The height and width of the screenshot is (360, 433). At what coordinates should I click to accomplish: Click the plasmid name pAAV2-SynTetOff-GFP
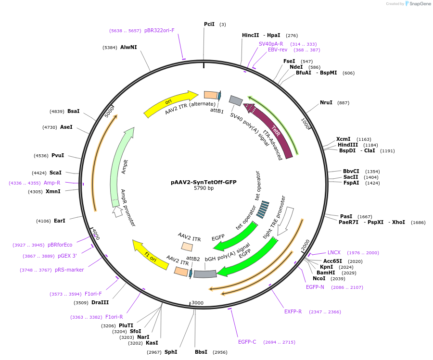click(x=204, y=182)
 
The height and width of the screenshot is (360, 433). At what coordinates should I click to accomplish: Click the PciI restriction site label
click(x=209, y=24)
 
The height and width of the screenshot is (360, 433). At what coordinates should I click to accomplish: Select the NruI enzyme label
click(x=326, y=102)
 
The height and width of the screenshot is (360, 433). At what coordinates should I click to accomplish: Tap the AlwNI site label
click(x=128, y=47)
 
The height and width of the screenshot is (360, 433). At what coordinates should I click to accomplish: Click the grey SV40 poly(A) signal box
click(x=236, y=100)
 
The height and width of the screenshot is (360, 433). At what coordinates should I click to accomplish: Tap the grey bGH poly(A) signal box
click(x=205, y=274)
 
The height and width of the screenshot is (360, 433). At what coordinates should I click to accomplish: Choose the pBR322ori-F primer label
click(x=159, y=30)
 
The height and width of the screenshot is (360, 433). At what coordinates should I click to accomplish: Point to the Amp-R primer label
click(x=52, y=183)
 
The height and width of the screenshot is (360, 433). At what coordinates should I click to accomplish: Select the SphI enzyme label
click(x=171, y=352)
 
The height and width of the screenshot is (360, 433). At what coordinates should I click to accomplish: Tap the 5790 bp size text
click(x=204, y=188)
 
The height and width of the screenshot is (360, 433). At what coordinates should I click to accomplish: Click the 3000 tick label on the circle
click(x=198, y=303)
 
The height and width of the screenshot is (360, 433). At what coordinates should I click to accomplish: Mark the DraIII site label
click(x=100, y=302)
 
